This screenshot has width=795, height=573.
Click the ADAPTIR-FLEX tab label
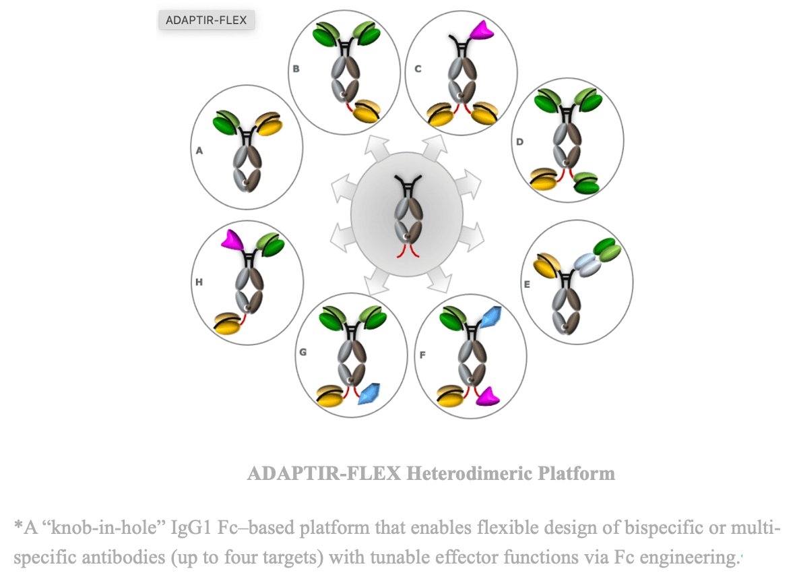(206, 20)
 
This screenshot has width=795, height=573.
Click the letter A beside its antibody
(199, 152)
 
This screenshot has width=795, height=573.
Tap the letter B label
(296, 68)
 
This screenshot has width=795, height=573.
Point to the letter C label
(418, 68)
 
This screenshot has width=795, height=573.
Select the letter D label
(519, 142)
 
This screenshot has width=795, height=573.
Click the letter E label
(527, 284)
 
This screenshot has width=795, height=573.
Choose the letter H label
(199, 282)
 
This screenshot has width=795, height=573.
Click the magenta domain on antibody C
(482, 30)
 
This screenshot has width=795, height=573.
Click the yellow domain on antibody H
(227, 324)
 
